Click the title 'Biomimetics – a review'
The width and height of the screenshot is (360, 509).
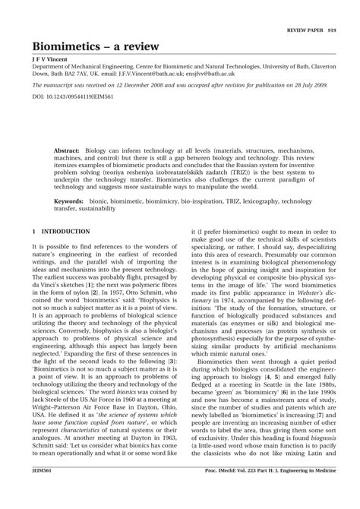click(x=96, y=47)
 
